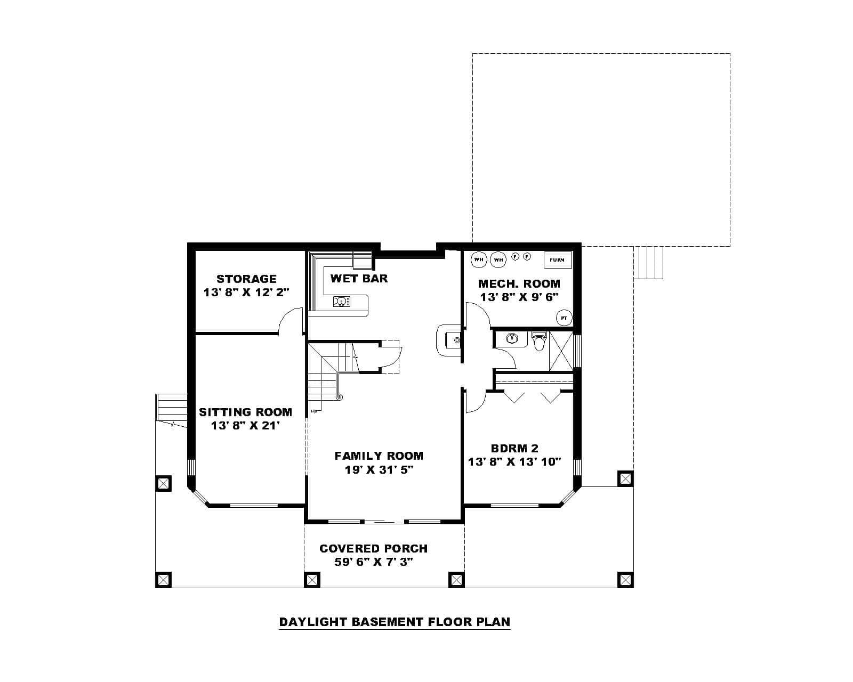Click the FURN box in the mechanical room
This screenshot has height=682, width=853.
coord(557,260)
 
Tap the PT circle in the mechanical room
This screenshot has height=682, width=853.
coord(564,318)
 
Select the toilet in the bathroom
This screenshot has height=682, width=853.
coord(539,342)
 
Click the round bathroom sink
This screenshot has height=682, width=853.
coord(512,338)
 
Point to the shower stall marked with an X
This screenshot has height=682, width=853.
coord(561,350)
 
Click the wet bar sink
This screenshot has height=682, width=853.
coord(341,302)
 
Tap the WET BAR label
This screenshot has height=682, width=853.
coord(359,278)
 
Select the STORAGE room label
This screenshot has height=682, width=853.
coord(246,279)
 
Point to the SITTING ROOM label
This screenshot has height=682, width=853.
coord(245,412)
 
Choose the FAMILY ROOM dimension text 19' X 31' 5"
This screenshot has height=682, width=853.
coord(379,470)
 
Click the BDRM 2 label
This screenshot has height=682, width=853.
coord(514,448)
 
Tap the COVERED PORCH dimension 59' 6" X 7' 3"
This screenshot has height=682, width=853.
coord(373,562)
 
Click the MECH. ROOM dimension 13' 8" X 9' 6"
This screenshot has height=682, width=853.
coord(519,297)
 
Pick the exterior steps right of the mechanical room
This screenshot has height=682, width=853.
coord(648,262)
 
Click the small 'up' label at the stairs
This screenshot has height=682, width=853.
coord(314,411)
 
